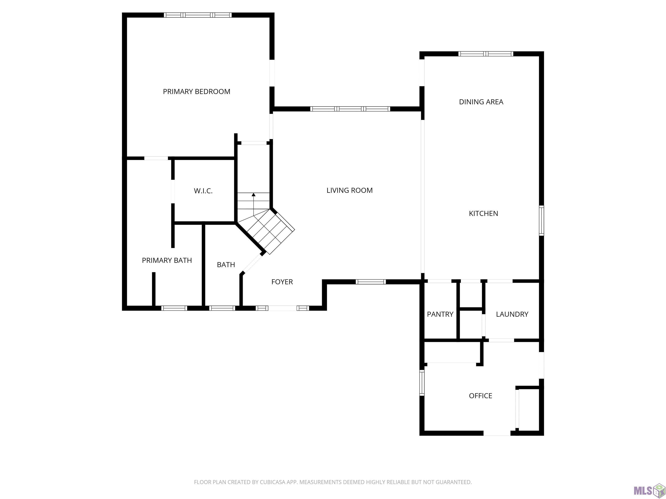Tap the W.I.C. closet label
203,191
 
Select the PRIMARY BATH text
167,260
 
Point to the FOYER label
282,282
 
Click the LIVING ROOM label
349,190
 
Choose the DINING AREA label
481,102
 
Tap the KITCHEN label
483,214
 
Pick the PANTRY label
440,314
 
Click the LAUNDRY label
512,314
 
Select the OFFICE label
481,396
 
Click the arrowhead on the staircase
253,195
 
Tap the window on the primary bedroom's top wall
198,15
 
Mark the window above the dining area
486,54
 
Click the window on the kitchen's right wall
541,220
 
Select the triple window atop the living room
350,109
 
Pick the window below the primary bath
174,308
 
